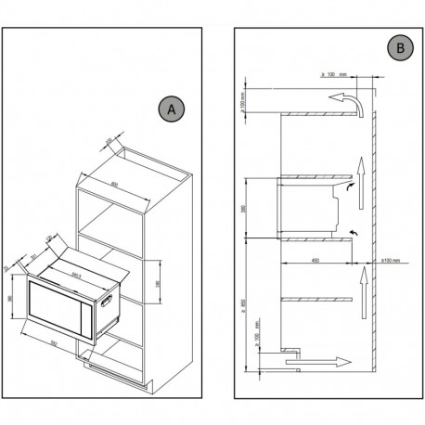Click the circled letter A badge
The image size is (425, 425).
coord(169,109)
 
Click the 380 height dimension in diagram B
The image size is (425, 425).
coord(245,209)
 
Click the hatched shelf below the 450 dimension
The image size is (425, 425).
coord(316,296)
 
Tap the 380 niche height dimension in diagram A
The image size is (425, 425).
coord(159,282)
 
